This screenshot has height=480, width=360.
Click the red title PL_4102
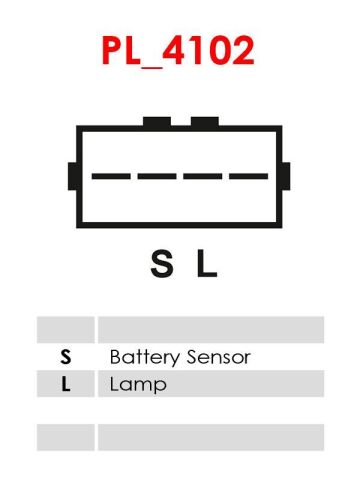point(178,51)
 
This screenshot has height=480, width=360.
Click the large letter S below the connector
point(162,264)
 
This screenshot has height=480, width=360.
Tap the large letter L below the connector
point(207,264)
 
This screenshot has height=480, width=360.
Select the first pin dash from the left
point(111,176)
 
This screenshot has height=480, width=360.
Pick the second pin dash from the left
point(157,176)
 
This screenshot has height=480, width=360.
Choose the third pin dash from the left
point(203,176)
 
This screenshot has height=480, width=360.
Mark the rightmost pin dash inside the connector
point(248,176)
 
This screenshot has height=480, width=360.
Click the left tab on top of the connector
point(157,122)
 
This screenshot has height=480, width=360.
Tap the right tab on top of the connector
point(205,122)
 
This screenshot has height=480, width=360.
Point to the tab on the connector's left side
point(72,176)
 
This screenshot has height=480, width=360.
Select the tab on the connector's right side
point(286,176)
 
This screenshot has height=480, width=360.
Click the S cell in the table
point(66,357)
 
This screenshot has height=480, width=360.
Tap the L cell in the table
point(66,384)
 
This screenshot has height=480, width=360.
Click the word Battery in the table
point(145,358)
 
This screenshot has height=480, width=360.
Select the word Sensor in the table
point(219,357)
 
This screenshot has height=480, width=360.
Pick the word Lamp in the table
point(138,385)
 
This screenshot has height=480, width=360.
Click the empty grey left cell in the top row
point(66,330)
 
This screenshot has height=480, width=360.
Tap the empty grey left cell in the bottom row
point(66,437)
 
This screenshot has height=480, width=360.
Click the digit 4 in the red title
point(173,50)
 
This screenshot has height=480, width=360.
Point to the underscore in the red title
point(152,67)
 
